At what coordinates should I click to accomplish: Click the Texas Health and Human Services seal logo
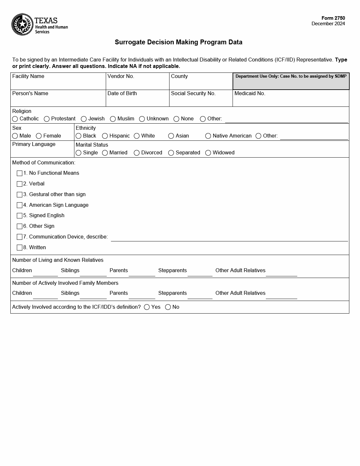click(x=22, y=25)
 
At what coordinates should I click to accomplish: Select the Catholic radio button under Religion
click(x=15, y=119)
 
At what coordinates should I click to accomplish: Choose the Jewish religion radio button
click(x=84, y=119)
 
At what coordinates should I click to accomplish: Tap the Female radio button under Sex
click(x=39, y=136)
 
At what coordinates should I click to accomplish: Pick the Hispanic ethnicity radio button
click(x=105, y=136)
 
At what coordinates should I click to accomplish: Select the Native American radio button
click(x=208, y=136)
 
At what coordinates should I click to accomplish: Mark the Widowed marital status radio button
click(x=208, y=153)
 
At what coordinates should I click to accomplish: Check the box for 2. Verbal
click(x=20, y=184)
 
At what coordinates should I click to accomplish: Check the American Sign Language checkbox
click(x=20, y=205)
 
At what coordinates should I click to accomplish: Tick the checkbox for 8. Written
click(x=20, y=248)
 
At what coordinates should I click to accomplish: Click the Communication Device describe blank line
click(x=229, y=238)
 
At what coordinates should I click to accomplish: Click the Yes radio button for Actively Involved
click(x=147, y=307)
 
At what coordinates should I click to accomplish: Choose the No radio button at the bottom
click(x=168, y=307)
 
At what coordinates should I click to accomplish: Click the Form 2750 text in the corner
click(x=333, y=18)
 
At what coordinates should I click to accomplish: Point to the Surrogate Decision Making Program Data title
click(x=179, y=42)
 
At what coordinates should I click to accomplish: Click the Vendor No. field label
click(x=121, y=76)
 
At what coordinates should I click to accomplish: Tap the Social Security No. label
click(x=193, y=94)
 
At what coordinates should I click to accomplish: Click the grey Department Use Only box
click(x=291, y=82)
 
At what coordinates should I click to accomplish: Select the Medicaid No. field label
click(x=250, y=94)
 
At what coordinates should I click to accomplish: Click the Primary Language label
click(x=34, y=144)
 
